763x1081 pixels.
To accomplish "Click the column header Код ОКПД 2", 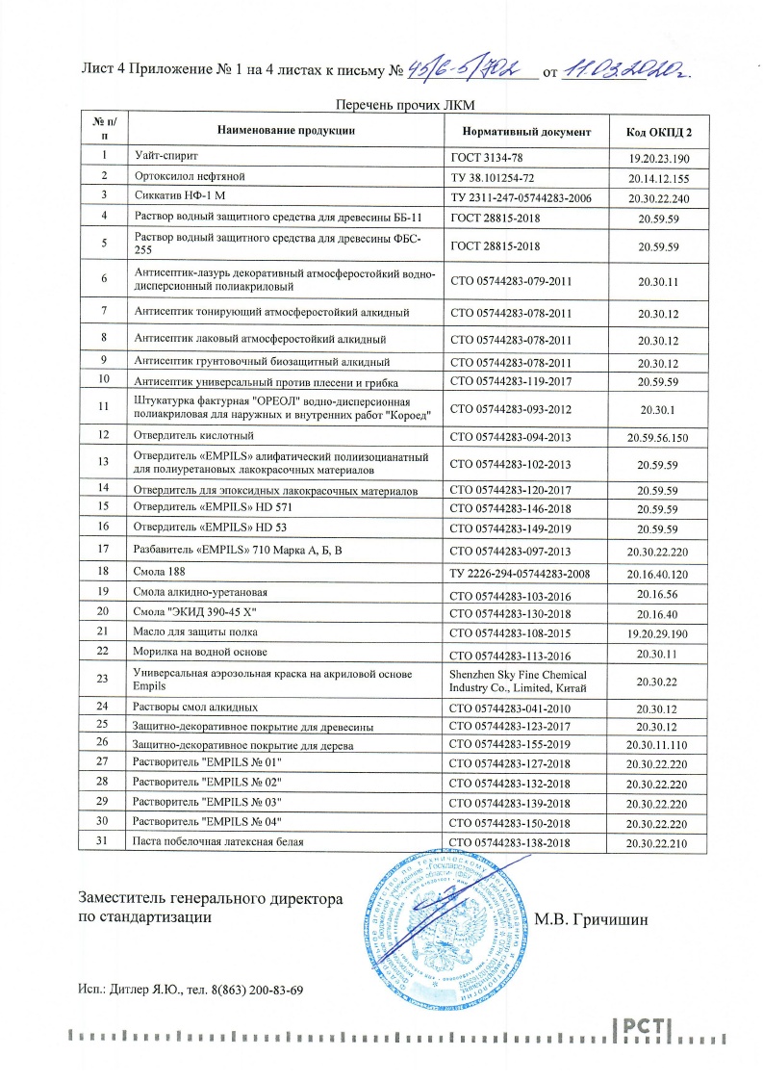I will [x=659, y=130].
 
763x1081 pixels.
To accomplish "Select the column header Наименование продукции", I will [x=287, y=130].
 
